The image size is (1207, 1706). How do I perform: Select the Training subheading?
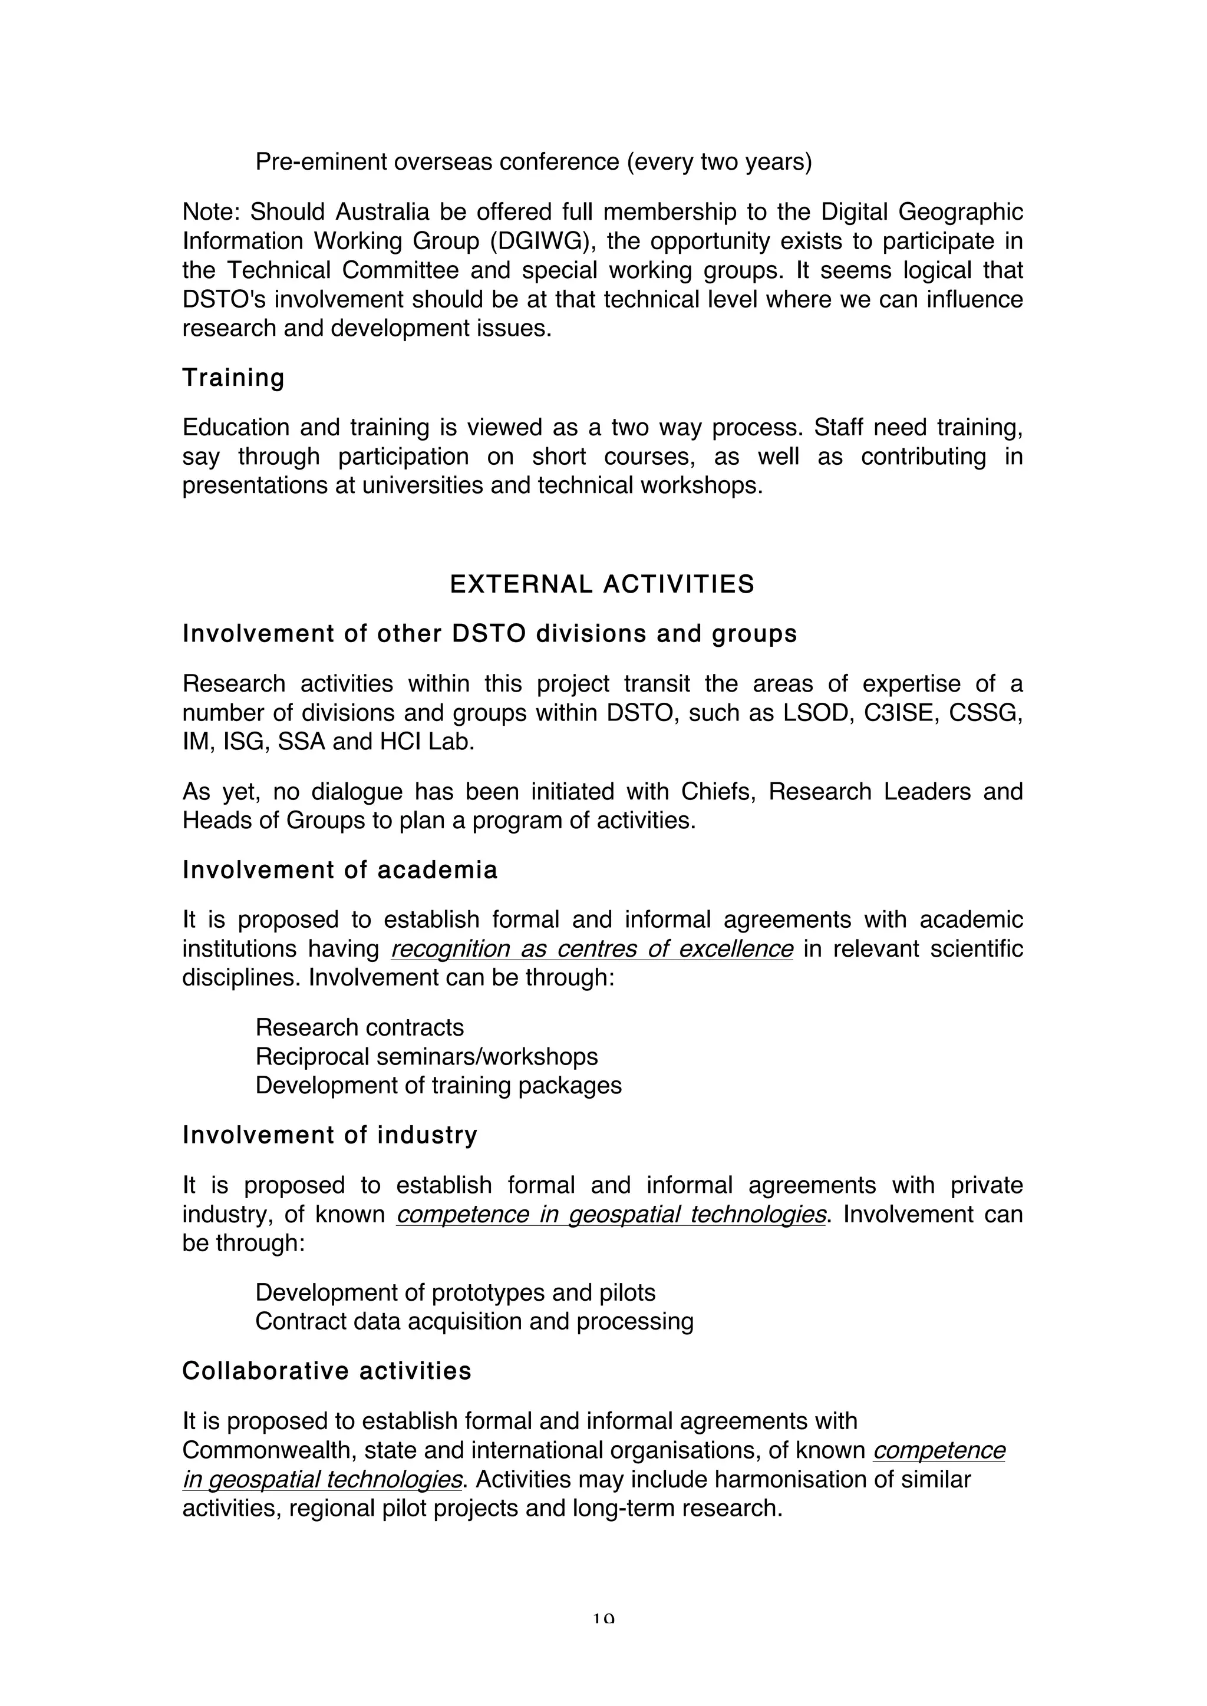pyautogui.click(x=233, y=378)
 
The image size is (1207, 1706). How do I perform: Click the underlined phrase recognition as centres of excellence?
pyautogui.click(x=592, y=949)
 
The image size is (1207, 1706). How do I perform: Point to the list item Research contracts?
pyautogui.click(x=360, y=1027)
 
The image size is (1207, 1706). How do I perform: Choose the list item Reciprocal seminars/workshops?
pyautogui.click(x=427, y=1057)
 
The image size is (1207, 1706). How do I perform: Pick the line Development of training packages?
pyautogui.click(x=438, y=1086)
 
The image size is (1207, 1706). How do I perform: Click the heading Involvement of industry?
pyautogui.click(x=330, y=1135)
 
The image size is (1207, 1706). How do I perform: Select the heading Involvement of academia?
pyautogui.click(x=339, y=870)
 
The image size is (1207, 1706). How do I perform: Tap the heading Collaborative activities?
pyautogui.click(x=327, y=1371)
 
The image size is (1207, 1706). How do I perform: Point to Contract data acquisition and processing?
pyautogui.click(x=474, y=1321)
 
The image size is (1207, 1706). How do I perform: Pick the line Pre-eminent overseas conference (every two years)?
pyautogui.click(x=533, y=162)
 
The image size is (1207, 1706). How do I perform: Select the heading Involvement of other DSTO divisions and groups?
pyautogui.click(x=490, y=634)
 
